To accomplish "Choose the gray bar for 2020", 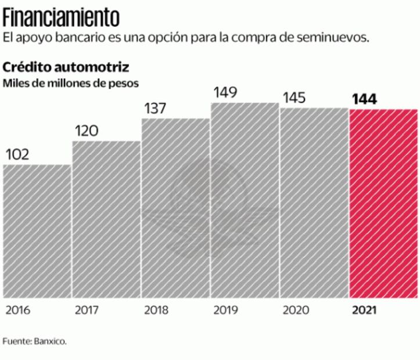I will click(314, 203).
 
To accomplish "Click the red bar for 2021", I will click(383, 203).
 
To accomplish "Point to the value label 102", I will click(17, 154).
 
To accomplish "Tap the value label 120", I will click(87, 131).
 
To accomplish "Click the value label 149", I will click(225, 93).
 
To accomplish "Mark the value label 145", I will click(295, 98).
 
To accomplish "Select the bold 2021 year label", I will click(364, 309).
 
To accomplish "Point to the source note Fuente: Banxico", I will click(35, 340).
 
